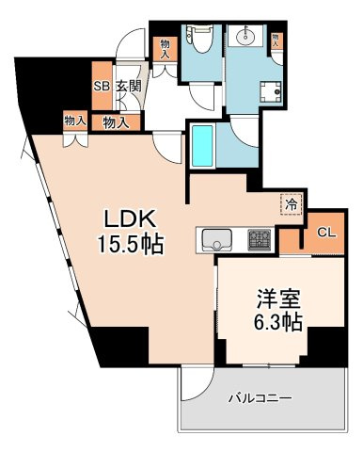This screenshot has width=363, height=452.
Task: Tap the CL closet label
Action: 326,232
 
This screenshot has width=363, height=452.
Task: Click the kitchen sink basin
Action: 217,239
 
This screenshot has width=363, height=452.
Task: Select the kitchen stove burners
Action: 259,239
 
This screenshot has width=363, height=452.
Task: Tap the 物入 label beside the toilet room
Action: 166,48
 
